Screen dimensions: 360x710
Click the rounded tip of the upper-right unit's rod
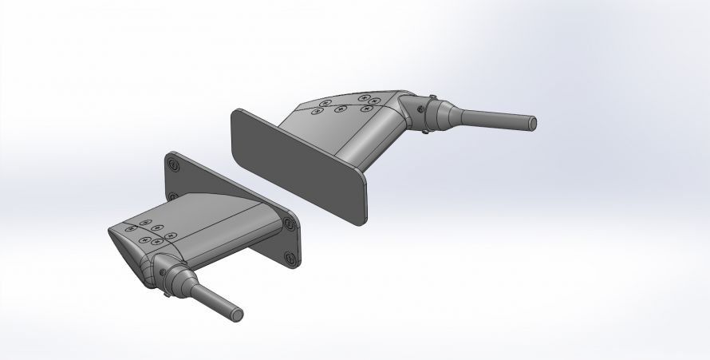532,123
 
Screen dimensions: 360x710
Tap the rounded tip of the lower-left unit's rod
238,314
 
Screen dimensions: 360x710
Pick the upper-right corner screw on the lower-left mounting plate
290,226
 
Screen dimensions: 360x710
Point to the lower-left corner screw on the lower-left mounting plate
172,196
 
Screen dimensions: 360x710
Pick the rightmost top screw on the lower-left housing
172,235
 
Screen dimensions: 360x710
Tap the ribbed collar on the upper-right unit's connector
431,116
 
